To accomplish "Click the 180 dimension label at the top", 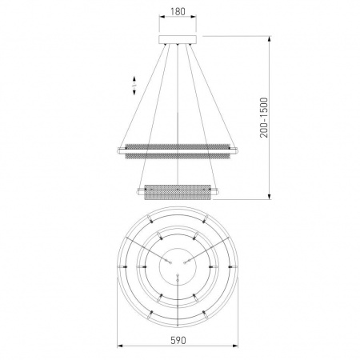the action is click(178, 11).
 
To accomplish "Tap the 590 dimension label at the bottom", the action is click(178, 340).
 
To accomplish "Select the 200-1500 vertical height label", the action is click(264, 118).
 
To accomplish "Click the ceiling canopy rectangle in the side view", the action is click(178, 39).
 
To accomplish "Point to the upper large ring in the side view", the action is click(178, 151).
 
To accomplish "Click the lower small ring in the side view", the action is click(178, 192).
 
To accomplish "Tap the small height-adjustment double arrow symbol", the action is click(134, 86).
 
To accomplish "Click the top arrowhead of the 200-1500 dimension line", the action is click(270, 38).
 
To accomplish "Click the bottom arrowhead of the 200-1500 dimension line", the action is click(270, 196).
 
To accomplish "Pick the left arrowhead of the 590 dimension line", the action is click(120, 346).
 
